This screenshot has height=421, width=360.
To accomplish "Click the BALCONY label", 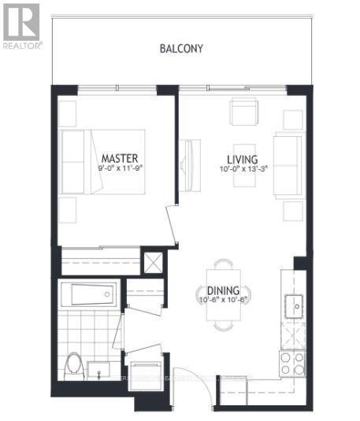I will tap(181, 49).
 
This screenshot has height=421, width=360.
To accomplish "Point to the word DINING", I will tap(223, 289).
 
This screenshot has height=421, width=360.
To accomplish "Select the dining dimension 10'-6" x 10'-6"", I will tap(223, 299).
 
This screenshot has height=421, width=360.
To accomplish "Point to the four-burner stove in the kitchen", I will tap(292, 361).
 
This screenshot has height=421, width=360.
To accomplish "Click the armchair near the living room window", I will tap(243, 111).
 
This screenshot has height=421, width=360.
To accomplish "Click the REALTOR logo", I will tap(21, 25).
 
